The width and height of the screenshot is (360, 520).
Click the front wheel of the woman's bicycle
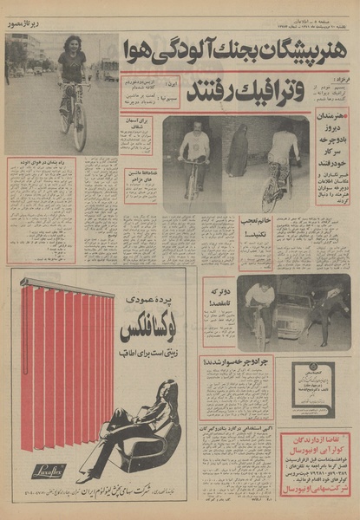coord(79,126)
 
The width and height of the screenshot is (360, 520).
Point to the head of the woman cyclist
coord(73,44)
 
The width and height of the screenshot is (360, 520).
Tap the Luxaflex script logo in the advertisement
coord(44,471)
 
